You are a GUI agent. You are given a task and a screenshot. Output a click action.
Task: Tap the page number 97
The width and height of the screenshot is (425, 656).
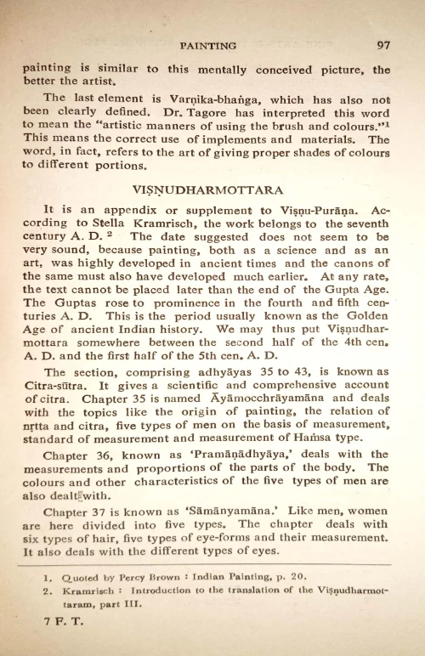point(382,47)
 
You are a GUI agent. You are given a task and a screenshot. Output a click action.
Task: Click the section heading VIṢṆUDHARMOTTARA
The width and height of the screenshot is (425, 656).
point(208,189)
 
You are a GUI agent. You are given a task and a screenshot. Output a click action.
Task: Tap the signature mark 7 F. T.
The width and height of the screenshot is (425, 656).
point(40,630)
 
